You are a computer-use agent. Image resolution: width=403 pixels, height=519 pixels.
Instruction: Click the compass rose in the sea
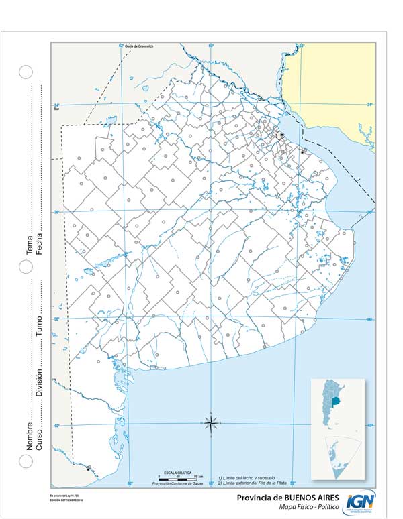tap(211, 422)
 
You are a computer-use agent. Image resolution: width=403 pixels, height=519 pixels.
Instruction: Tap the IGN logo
tap(361, 501)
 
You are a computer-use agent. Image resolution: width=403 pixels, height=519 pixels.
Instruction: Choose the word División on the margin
tap(40, 382)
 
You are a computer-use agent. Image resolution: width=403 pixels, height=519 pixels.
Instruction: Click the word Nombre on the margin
tap(30, 437)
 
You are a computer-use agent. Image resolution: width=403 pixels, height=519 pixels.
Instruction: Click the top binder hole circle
tap(26, 72)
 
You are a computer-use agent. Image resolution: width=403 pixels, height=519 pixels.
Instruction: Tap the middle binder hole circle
tap(26, 266)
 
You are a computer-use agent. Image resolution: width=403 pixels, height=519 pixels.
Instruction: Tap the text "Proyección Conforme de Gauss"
tap(177, 483)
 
